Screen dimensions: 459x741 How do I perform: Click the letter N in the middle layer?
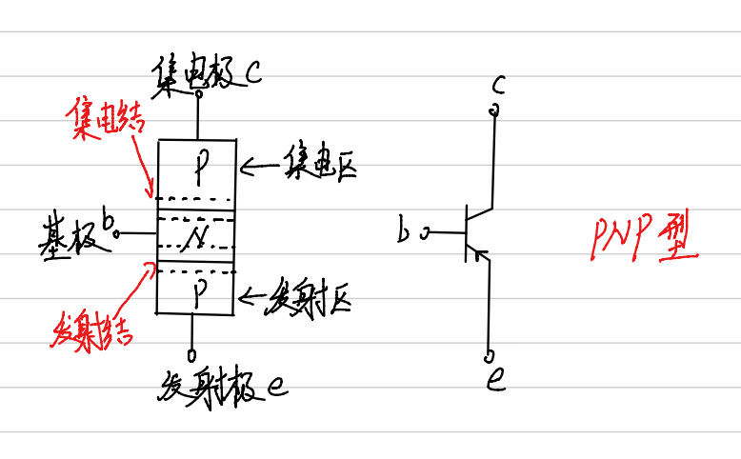click(196, 234)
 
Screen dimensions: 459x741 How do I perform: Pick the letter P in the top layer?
click(199, 170)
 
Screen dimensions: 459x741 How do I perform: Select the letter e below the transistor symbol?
click(495, 382)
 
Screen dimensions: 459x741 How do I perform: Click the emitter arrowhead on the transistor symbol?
click(483, 256)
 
